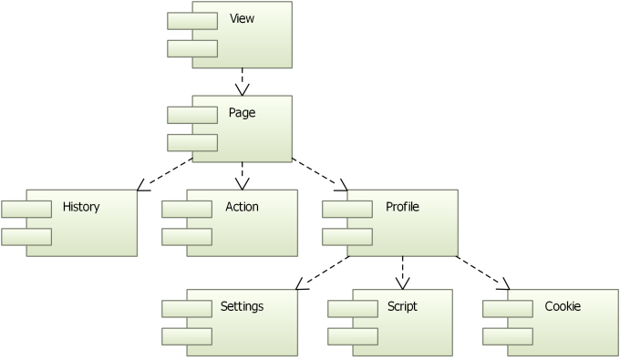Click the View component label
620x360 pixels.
(243, 19)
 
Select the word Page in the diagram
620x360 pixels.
(243, 113)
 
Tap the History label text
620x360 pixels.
(81, 207)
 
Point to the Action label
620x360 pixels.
(242, 207)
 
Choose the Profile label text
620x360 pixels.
(403, 207)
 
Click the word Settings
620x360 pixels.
(242, 306)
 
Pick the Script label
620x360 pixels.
(402, 306)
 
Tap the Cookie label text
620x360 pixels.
(563, 306)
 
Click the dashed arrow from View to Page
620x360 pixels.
(242, 79)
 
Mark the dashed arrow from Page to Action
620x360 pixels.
(242, 174)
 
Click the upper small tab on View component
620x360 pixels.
(192, 20)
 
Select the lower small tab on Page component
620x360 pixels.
(192, 142)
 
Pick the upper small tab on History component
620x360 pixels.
(26, 209)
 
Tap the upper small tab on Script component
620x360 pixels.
(353, 307)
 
